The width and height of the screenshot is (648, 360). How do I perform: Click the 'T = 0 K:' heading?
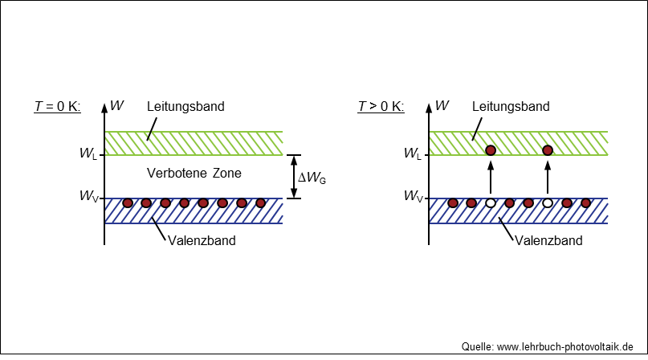[58, 106]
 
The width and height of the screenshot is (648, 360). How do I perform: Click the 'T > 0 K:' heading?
[381, 106]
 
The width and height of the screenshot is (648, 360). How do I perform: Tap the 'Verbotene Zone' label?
[194, 173]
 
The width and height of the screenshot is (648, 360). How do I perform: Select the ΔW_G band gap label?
[312, 178]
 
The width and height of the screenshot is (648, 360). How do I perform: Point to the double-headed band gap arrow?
[294, 177]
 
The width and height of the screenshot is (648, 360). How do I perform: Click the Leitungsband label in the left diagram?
[185, 106]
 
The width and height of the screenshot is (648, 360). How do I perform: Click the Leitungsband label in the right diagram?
[511, 106]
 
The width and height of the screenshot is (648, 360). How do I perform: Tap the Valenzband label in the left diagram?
[202, 240]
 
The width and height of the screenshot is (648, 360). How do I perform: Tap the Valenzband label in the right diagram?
[548, 240]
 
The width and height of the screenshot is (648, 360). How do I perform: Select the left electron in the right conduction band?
[491, 150]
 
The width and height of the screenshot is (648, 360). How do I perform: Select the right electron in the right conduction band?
[548, 150]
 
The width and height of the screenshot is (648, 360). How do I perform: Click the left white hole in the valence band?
[491, 203]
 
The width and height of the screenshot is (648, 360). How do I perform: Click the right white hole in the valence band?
[548, 203]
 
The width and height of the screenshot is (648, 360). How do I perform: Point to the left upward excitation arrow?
[491, 177]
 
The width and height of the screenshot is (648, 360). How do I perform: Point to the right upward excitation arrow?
[548, 177]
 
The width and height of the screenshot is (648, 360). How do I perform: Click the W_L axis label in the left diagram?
[88, 153]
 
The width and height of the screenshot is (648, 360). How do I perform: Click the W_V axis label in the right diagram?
[414, 196]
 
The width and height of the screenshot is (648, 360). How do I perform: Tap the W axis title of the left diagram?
[117, 105]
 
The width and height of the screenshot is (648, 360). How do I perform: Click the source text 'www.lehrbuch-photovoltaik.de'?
[565, 347]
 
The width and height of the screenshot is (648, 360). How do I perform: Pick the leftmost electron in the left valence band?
[128, 203]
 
